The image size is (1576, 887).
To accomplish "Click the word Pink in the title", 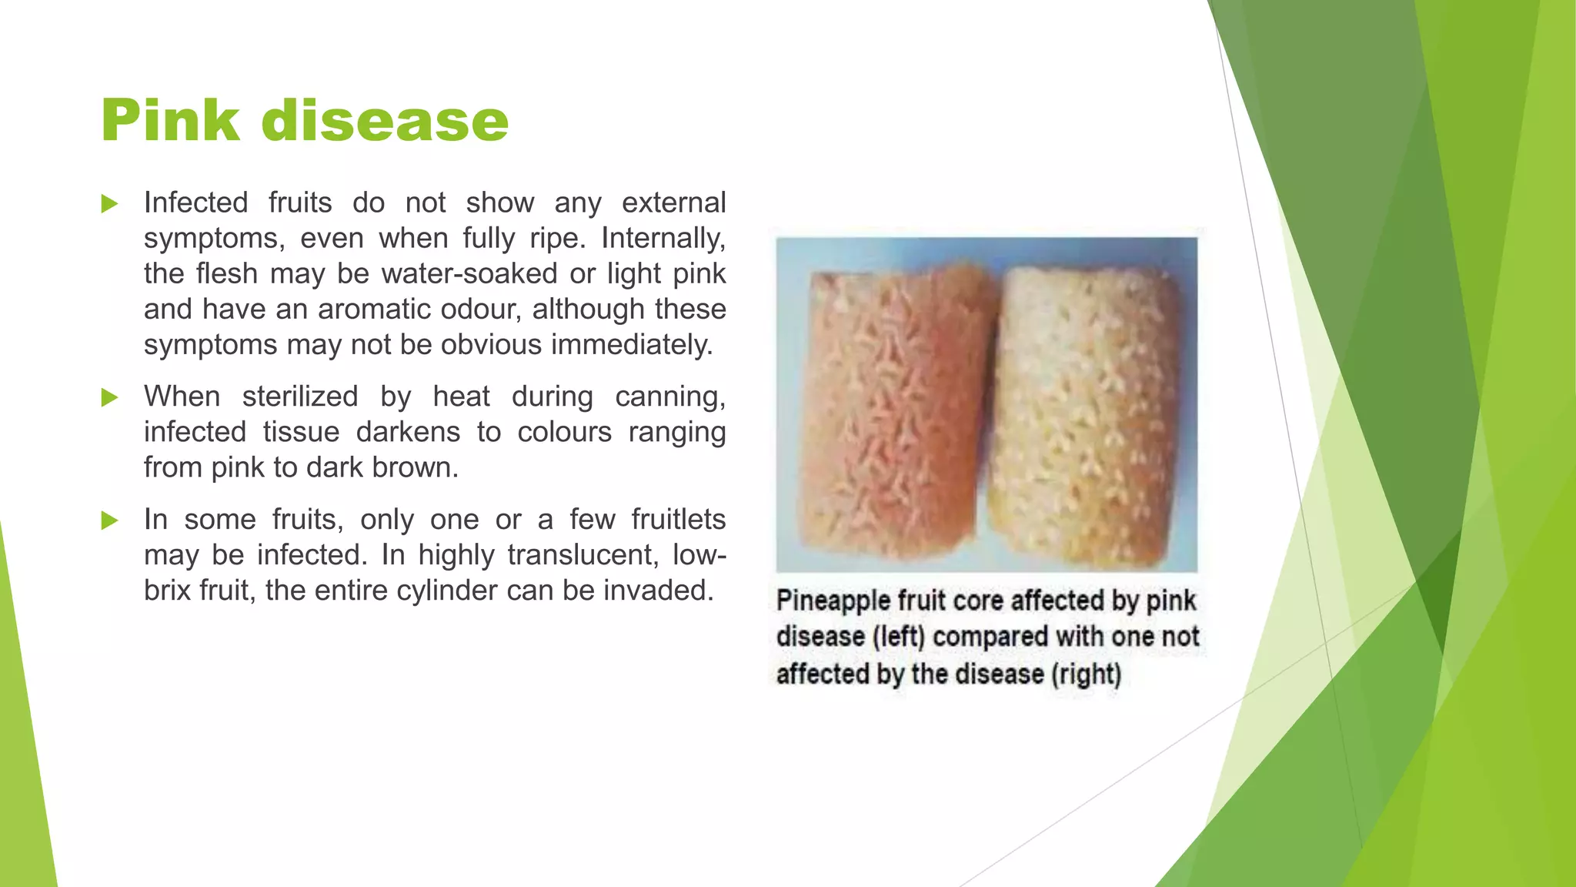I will click(170, 121).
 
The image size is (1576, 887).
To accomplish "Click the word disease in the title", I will click(385, 121).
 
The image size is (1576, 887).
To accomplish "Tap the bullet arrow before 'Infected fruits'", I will click(109, 204).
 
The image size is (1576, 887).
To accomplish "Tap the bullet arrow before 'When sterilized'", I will click(109, 398).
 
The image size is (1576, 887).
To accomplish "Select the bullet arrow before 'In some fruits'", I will click(109, 521).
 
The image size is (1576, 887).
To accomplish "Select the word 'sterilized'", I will click(300, 397).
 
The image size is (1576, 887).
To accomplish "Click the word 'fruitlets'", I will click(678, 520).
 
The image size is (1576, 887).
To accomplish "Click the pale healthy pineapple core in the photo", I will click(1089, 408).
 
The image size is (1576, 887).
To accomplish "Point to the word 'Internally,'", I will click(663, 239).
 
